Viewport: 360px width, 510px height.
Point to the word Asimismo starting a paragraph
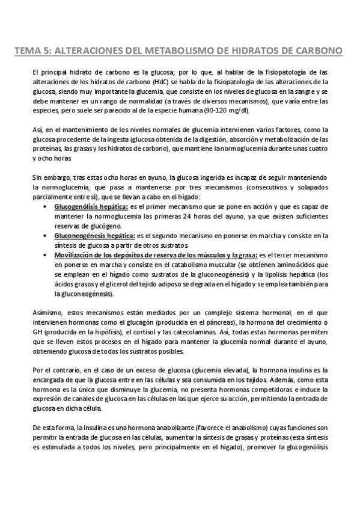point(48,313)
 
